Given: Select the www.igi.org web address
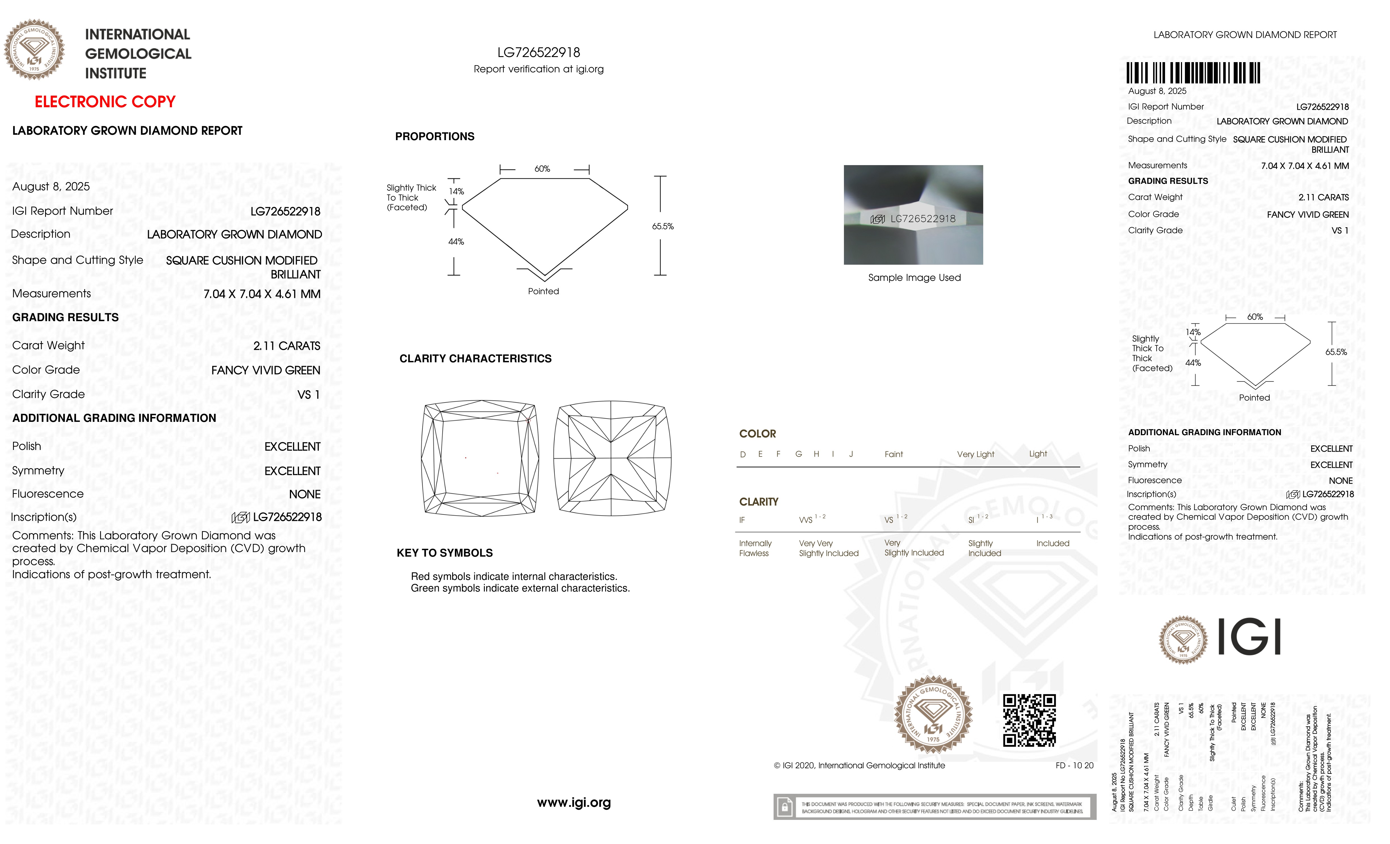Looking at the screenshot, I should [x=574, y=802].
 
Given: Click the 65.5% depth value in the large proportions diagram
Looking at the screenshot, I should [x=663, y=226].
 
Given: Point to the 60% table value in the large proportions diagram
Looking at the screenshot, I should [x=542, y=169].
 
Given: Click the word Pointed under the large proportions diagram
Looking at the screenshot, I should [x=543, y=291].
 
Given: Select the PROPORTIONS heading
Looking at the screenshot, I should [x=434, y=136].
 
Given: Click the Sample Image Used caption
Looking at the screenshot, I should [x=914, y=277].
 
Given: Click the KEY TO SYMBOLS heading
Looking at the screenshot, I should [x=445, y=553].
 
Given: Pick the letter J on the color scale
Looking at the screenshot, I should [x=851, y=454].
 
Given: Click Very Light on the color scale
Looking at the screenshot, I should [x=975, y=454].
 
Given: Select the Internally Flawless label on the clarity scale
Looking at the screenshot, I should [x=755, y=548].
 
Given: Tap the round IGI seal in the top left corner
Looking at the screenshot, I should [x=34, y=50].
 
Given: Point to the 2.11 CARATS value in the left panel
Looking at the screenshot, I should [x=287, y=346].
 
